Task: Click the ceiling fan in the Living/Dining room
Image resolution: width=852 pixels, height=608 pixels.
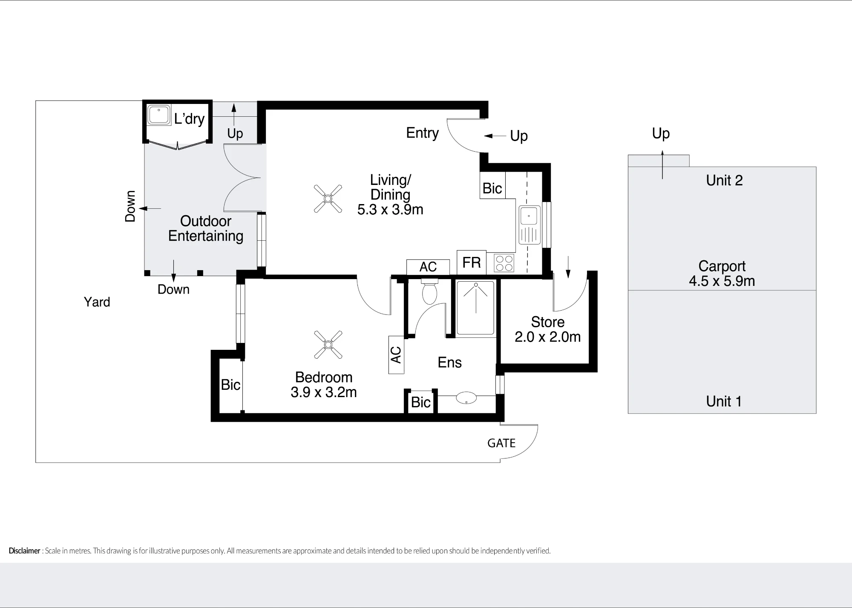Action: pos(328,199)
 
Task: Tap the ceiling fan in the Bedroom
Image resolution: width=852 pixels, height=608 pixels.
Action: pos(328,345)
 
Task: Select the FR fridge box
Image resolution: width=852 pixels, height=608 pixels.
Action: pos(472,262)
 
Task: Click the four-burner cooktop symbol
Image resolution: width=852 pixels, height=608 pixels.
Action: pos(504,263)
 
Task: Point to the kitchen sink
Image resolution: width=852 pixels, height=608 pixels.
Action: pos(530,225)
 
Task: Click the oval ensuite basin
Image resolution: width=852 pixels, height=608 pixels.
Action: pos(466,398)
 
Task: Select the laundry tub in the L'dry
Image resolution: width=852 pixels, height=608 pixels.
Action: pos(159,115)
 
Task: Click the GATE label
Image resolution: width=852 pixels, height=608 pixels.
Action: pos(501,444)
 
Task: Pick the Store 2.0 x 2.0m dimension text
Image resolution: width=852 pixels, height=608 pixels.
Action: pos(547,337)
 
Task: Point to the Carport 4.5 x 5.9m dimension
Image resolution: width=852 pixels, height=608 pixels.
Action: pos(722,281)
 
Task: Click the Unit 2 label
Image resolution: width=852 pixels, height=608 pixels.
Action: pos(724,181)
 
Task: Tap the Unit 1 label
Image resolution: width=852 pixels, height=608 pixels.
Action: pos(724,401)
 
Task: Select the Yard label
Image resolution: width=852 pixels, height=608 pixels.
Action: pos(97,302)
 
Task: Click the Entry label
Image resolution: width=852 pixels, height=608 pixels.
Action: pos(422,133)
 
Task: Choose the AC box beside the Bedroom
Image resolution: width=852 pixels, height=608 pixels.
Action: pos(396,355)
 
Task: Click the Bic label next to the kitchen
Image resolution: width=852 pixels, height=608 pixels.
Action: pos(492,188)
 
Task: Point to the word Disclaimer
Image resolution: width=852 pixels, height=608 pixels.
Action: pos(24,551)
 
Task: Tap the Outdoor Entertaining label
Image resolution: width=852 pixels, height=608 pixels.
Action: pos(206,228)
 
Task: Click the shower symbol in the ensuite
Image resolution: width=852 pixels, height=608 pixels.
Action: pos(475,307)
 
